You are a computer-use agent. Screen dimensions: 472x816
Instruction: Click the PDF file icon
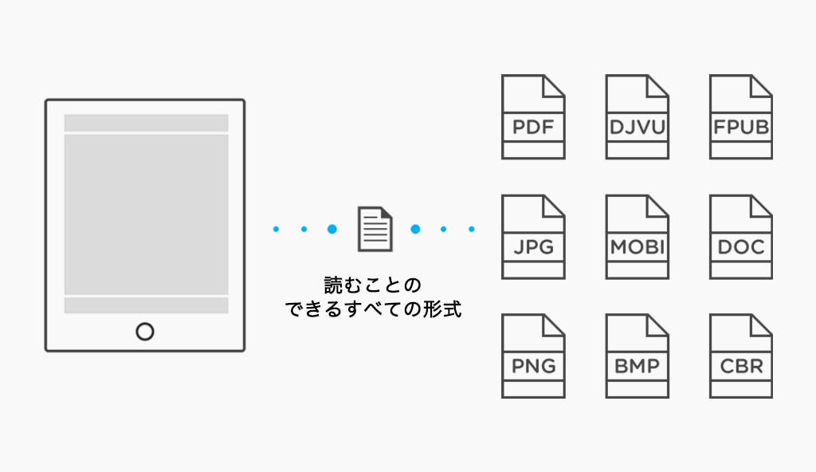(533, 117)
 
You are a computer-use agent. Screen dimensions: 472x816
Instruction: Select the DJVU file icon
(637, 117)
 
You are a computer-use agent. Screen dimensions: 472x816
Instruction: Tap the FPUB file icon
(740, 117)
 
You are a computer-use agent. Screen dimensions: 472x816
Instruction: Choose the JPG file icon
(533, 237)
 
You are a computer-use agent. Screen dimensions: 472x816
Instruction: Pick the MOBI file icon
(637, 237)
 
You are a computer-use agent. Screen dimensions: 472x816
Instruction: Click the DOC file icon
(740, 237)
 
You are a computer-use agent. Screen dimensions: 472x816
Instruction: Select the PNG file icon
(533, 356)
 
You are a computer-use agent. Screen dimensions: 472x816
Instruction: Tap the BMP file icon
(637, 356)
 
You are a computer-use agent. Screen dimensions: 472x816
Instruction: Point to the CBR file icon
(740, 356)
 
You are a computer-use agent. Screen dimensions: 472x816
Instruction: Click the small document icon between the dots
(374, 229)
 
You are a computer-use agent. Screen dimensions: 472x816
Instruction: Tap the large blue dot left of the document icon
(332, 230)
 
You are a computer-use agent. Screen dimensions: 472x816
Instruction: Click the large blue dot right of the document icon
(415, 230)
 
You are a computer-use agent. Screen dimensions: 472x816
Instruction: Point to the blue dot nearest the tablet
(276, 230)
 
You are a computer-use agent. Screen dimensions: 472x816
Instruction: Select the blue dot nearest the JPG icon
(472, 230)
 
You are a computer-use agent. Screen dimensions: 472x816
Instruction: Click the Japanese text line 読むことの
(373, 285)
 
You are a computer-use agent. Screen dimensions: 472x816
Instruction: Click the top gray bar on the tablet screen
(146, 123)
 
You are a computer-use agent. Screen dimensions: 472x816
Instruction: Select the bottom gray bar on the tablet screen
(146, 305)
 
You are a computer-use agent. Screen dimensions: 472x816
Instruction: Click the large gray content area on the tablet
(146, 214)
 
